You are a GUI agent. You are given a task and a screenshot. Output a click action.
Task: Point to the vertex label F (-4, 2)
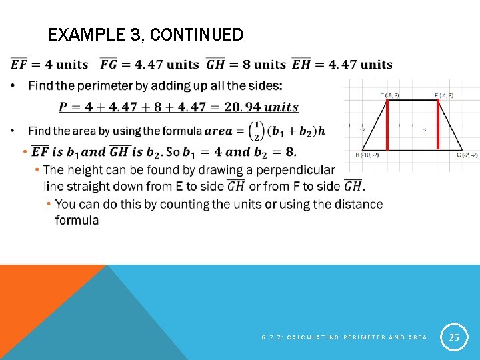point(444,95)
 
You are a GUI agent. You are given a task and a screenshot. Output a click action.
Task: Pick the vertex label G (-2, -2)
point(467,155)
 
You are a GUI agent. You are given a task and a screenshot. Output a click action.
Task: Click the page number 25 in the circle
point(454,338)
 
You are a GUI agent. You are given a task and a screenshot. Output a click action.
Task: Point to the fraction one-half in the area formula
point(256,130)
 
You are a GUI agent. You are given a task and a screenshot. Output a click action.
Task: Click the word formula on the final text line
point(77,220)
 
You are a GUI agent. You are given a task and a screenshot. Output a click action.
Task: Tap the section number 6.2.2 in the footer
point(270,338)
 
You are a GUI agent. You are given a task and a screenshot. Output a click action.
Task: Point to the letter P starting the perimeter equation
point(63,107)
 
